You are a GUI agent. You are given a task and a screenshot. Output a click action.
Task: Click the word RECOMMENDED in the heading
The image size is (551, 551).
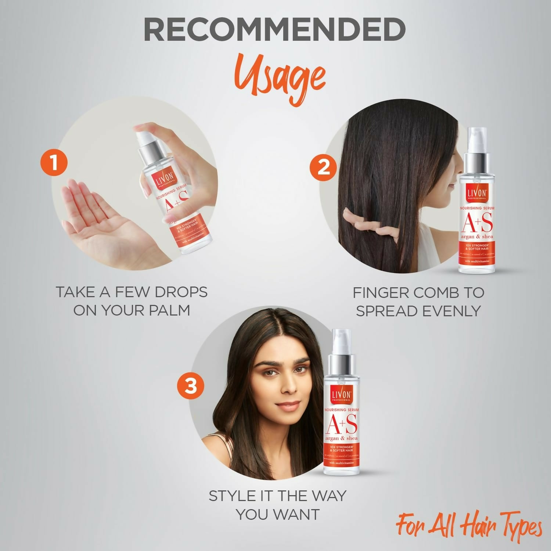pyautogui.click(x=274, y=30)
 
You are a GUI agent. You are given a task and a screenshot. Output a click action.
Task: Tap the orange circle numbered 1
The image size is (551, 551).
pyautogui.click(x=54, y=162)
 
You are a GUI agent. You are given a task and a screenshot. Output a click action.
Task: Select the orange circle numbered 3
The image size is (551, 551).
pyautogui.click(x=190, y=386)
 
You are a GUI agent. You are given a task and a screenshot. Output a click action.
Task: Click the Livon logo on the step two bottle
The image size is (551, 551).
pyautogui.click(x=477, y=193)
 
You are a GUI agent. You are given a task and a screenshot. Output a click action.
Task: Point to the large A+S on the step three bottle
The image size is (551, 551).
pyautogui.click(x=341, y=424)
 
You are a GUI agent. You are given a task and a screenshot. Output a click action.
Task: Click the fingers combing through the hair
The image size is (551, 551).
pyautogui.click(x=364, y=224)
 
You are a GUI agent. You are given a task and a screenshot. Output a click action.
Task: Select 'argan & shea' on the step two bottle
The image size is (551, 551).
pyautogui.click(x=477, y=237)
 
